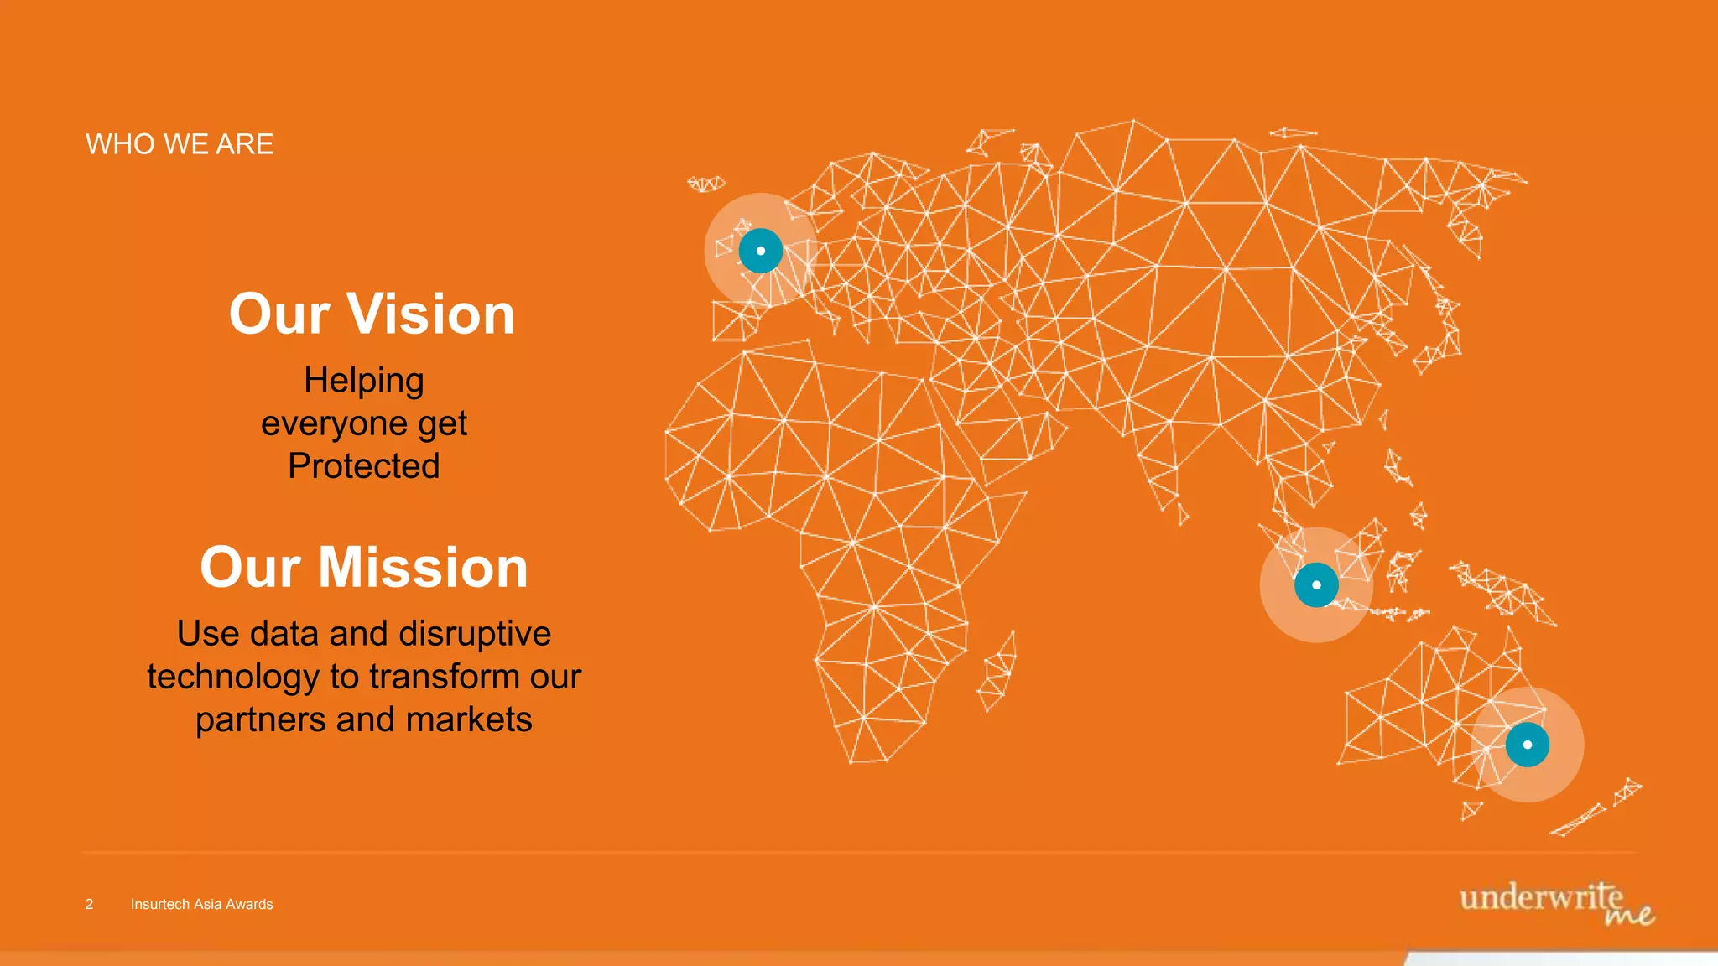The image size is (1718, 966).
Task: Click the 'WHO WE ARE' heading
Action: coord(180,144)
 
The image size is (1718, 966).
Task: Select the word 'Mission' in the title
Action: coord(423,568)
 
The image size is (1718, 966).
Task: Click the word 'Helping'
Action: coord(363,381)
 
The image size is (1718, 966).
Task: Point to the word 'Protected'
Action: coord(363,466)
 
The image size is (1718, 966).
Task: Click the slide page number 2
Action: coord(89,904)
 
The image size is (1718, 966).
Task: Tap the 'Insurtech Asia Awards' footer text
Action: coord(201,904)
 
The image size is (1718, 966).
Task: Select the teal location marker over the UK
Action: coord(761,251)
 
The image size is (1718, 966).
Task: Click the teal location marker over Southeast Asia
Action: coord(1316,584)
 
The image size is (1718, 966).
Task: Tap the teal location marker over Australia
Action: coord(1527,745)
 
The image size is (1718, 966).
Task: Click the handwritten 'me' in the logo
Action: coord(1629,915)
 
